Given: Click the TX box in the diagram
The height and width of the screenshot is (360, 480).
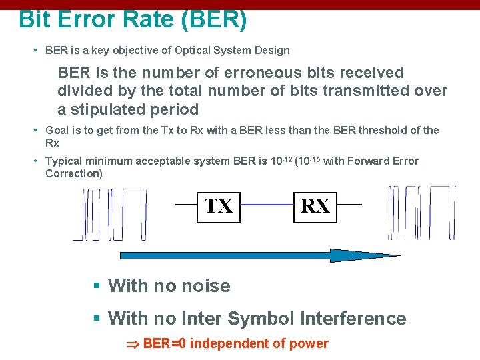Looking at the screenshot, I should [x=219, y=206].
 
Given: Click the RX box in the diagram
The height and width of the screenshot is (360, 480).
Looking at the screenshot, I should [x=315, y=206].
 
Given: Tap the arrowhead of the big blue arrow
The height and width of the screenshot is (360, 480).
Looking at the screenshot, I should [x=360, y=255].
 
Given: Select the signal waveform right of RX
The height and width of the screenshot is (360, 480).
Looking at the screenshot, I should [x=421, y=212].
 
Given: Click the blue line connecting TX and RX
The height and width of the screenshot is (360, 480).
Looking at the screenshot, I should [x=266, y=205].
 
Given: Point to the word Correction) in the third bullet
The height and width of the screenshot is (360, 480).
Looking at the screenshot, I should [x=74, y=173].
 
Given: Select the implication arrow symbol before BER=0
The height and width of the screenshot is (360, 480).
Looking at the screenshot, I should [x=132, y=345].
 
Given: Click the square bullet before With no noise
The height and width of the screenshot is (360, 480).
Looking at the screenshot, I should [x=97, y=286].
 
